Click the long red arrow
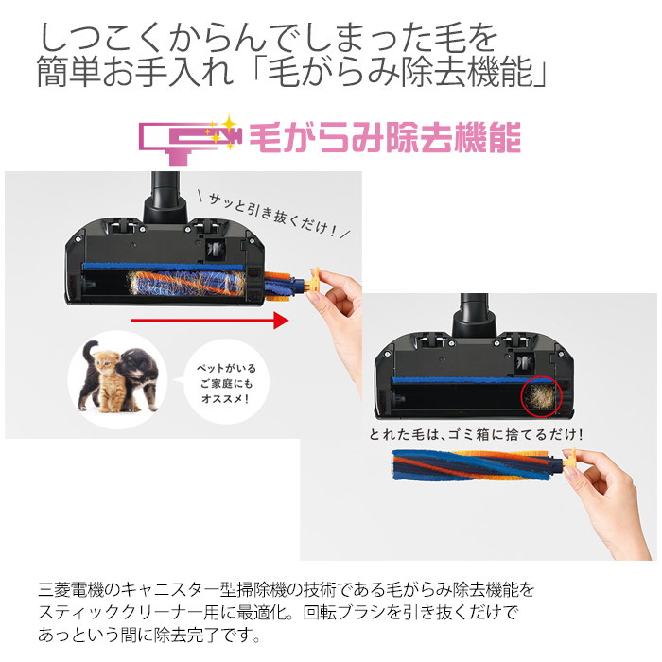click(x=210, y=321)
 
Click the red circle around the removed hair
click(x=541, y=397)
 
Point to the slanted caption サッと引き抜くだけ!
click(x=274, y=216)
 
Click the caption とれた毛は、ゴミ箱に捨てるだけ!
click(x=477, y=434)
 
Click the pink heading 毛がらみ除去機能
click(x=385, y=138)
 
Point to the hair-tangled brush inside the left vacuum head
click(x=186, y=282)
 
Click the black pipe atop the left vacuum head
click(x=165, y=197)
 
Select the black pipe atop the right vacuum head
click(x=475, y=316)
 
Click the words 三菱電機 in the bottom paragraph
click(x=71, y=589)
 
